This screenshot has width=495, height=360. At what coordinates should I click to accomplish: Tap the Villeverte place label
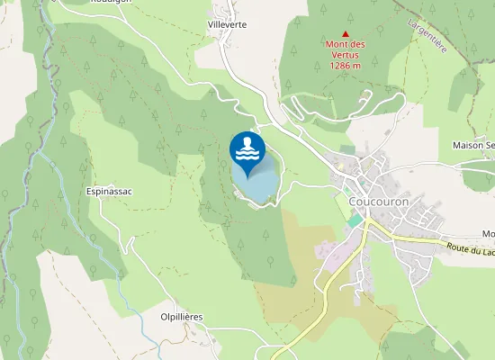[x=226, y=24]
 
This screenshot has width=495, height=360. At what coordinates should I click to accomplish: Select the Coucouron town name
[x=378, y=202]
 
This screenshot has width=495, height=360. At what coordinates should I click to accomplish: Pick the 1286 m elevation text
[x=346, y=66]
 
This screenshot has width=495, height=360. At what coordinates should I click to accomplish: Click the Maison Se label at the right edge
[x=473, y=146]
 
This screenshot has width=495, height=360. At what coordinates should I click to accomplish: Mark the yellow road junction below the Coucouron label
[x=367, y=225]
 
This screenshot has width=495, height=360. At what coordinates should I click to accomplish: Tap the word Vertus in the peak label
[x=346, y=55]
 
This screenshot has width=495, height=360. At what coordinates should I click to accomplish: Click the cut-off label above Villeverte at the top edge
[x=108, y=3]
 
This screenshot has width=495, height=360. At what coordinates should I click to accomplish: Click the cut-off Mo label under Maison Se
[x=488, y=234]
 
